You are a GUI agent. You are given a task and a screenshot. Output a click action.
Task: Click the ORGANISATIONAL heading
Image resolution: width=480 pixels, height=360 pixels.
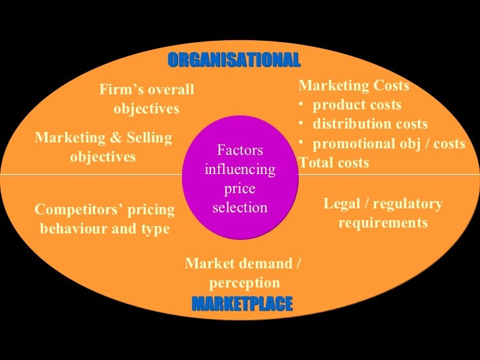pos(234,61)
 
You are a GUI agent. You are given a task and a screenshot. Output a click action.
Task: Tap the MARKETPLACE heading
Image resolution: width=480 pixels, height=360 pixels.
pos(242,305)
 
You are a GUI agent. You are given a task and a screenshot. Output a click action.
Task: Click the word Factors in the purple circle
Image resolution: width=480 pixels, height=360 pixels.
pos(240,150)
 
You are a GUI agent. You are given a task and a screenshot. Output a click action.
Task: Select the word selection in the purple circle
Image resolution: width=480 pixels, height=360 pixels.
pos(240,208)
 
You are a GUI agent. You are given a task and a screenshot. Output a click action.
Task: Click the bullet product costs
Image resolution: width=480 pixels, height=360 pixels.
pos(357,105)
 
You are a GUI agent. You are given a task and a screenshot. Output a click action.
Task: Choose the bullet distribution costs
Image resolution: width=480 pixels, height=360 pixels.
pos(370,124)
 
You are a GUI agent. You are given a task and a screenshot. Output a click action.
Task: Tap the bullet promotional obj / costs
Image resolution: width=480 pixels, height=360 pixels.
pos(388,144)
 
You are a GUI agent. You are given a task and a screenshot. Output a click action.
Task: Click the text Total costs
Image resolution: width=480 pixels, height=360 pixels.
pos(334,163)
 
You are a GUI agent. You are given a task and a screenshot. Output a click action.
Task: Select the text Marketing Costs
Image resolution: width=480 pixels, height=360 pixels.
pos(354,86)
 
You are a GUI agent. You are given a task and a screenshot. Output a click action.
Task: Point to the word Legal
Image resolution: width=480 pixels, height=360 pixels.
pos(341,204)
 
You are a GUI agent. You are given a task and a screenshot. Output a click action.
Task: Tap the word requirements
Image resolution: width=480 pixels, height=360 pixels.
pos(383,223)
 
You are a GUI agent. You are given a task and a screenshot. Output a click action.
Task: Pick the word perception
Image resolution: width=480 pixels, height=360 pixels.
pos(245,284)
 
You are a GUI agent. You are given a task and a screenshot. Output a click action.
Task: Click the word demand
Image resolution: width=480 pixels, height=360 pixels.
pos(256,264)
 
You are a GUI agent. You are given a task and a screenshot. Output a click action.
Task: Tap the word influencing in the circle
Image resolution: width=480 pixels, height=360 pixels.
pos(240,169)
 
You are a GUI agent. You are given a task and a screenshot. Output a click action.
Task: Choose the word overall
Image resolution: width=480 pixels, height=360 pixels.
pos(171,90)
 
